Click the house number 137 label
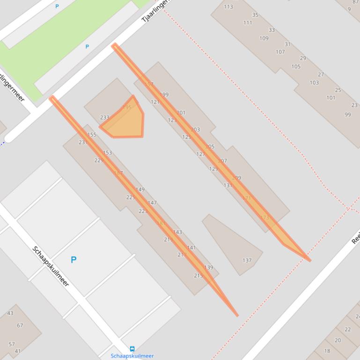pos(247,260)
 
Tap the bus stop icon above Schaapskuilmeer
pos(132,349)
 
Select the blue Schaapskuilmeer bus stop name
pos(132,356)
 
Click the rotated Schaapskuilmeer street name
pos(51,266)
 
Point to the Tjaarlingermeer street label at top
pos(154,11)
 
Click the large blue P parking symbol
pos(73,259)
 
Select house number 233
pos(104,118)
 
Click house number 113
pos(228,7)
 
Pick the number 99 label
pos(347,115)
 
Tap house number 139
pos(208,267)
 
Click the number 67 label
pos(20,325)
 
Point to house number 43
pos(10,313)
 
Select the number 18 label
pos(327,351)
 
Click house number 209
pos(236,178)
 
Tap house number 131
pos(228,185)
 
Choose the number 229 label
pos(98,160)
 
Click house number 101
pos(331,98)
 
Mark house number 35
pos(255,15)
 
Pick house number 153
pos(107,152)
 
